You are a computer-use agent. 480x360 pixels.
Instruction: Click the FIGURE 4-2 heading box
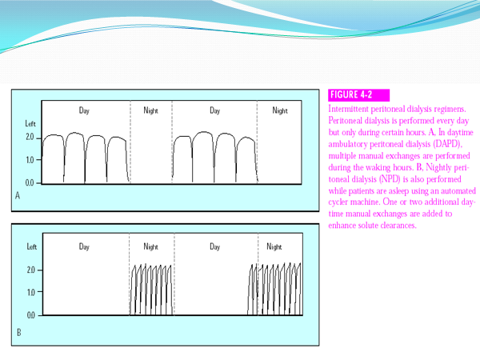pyautogui.click(x=358, y=95)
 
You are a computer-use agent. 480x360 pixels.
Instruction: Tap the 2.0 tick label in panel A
pyautogui.click(x=30, y=137)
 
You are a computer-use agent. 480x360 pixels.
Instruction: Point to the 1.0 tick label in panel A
pyautogui.click(x=30, y=160)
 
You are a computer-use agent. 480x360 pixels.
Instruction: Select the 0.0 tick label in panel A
pyautogui.click(x=30, y=183)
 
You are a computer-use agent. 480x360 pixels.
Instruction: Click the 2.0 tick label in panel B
pyautogui.click(x=31, y=270)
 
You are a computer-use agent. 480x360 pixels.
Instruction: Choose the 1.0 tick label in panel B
pyautogui.click(x=31, y=292)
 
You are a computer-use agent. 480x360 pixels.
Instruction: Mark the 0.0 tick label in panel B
pyautogui.click(x=31, y=315)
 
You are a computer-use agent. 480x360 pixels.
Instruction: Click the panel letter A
pyautogui.click(x=18, y=195)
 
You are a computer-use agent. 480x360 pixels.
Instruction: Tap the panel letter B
pyautogui.click(x=19, y=333)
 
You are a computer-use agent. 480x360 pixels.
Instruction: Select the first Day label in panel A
pyautogui.click(x=84, y=110)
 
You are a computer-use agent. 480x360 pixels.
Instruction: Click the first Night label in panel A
pyautogui.click(x=151, y=110)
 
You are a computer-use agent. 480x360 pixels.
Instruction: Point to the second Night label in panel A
pyautogui.click(x=280, y=110)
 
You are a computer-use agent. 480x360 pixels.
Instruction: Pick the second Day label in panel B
pyautogui.click(x=215, y=246)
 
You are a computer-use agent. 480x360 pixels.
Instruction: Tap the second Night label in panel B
pyautogui.click(x=274, y=246)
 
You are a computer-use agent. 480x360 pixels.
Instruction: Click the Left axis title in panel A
pyautogui.click(x=30, y=124)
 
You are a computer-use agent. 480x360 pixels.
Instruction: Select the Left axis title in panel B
pyautogui.click(x=32, y=246)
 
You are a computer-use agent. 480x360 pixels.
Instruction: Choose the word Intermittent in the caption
pyautogui.click(x=348, y=109)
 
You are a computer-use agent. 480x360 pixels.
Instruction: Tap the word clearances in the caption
pyautogui.click(x=398, y=226)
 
